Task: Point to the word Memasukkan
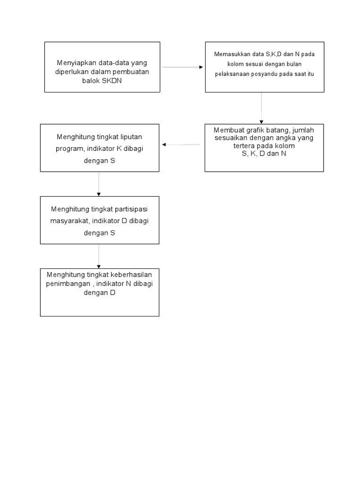point(231,54)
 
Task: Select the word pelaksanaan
point(231,74)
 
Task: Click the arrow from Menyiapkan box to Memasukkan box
point(182,67)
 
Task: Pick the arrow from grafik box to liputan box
point(181,144)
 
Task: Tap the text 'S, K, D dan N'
point(264,153)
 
